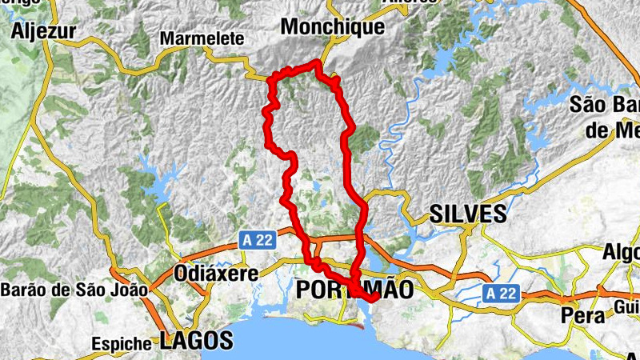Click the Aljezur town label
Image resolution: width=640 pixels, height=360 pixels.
(44, 31)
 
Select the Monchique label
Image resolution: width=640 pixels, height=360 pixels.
(322, 27)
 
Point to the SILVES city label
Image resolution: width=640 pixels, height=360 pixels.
(468, 214)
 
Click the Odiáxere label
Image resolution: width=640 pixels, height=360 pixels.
(216, 274)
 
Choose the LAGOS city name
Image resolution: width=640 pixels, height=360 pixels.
(196, 340)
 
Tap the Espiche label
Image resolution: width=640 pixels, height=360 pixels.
(122, 343)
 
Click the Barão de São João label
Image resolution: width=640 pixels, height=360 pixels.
(74, 290)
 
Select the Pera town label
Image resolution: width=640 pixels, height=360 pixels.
(582, 315)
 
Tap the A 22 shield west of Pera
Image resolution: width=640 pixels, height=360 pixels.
(501, 294)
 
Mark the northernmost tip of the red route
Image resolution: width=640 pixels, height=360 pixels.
(318, 62)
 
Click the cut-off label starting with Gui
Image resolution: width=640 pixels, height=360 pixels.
(626, 307)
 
